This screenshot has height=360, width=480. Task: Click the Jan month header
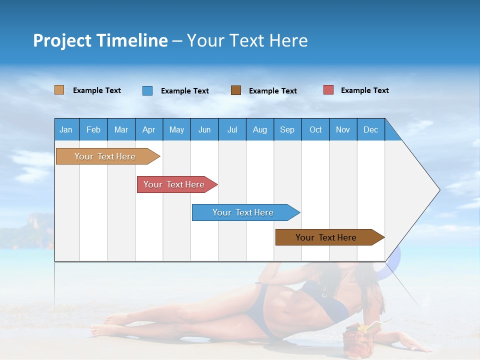pyautogui.click(x=66, y=129)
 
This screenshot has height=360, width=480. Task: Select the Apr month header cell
pyautogui.click(x=148, y=129)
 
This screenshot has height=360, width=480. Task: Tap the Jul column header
pyautogui.click(x=232, y=129)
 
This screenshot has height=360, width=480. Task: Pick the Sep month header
pyautogui.click(x=287, y=129)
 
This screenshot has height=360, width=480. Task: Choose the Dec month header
pyautogui.click(x=370, y=129)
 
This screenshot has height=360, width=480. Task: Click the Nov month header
pyautogui.click(x=342, y=129)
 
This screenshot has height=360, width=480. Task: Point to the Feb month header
pyautogui.click(x=93, y=129)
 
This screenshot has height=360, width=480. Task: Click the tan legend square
pyautogui.click(x=59, y=90)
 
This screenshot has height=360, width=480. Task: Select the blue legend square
pyautogui.click(x=147, y=90)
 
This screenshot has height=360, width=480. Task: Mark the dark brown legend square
pyautogui.click(x=236, y=90)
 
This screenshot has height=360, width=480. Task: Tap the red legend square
pyautogui.click(x=328, y=90)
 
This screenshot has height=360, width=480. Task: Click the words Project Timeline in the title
pyautogui.click(x=100, y=40)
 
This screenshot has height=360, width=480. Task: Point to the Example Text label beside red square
pyautogui.click(x=364, y=90)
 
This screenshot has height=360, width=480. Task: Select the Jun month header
pyautogui.click(x=204, y=129)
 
